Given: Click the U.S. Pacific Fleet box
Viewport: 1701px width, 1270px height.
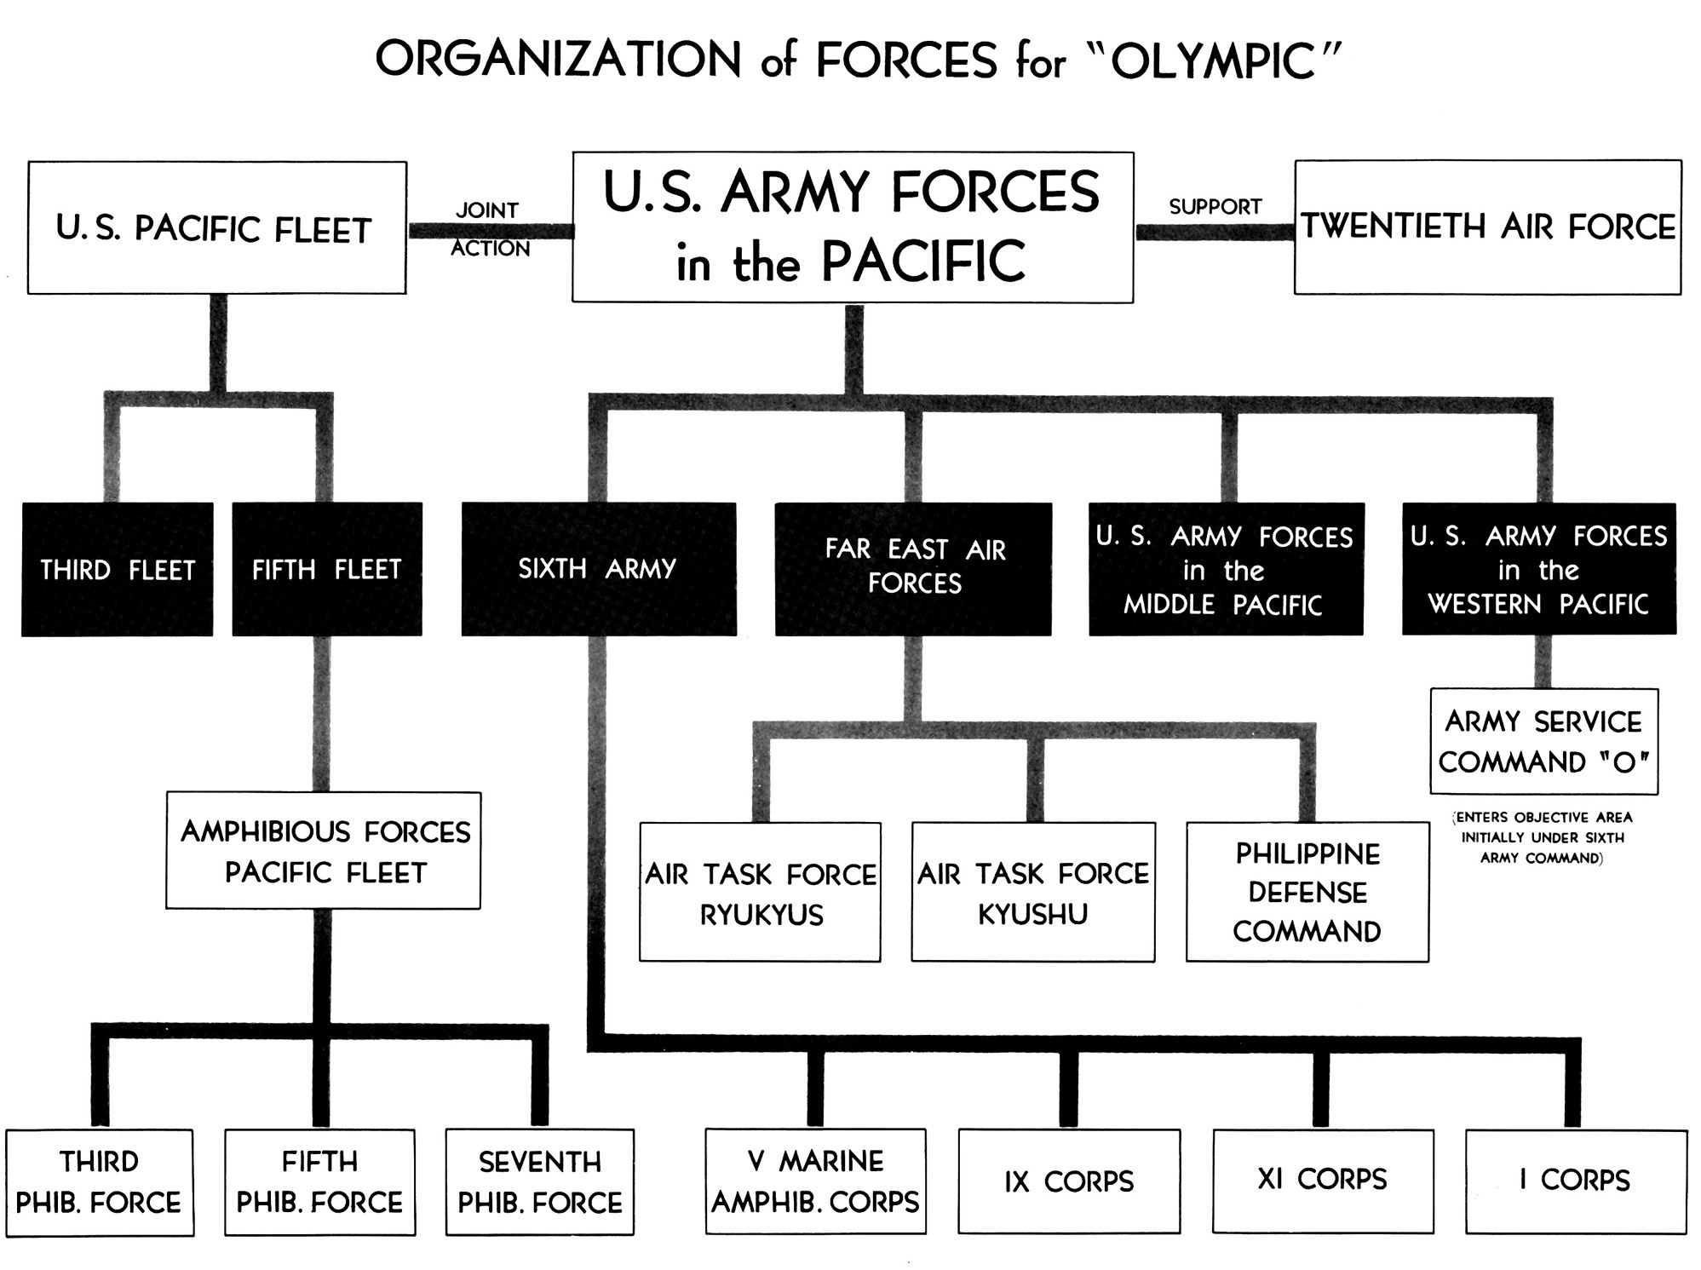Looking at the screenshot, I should (x=216, y=228).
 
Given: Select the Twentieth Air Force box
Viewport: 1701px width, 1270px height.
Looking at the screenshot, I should (x=1487, y=227).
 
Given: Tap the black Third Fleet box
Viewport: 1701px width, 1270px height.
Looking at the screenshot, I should (x=118, y=569).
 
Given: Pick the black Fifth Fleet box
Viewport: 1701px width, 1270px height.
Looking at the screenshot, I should (x=327, y=569).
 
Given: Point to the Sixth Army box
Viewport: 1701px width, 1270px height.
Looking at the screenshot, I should (x=598, y=569).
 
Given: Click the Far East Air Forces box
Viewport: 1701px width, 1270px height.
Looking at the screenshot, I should (x=913, y=568).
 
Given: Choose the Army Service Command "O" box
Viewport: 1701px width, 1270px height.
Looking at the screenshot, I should (x=1543, y=741).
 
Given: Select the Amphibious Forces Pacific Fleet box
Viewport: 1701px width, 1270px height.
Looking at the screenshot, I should (x=324, y=851).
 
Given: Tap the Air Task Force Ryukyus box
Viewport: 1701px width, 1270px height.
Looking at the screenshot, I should (x=760, y=893).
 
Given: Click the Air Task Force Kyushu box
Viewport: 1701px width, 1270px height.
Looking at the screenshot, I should (x=1033, y=893).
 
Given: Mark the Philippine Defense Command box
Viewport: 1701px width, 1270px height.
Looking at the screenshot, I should (x=1307, y=893).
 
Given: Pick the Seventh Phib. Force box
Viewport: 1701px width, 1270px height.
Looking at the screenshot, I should (x=540, y=1182).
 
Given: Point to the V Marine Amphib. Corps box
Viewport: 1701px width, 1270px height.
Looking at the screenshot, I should (x=815, y=1181).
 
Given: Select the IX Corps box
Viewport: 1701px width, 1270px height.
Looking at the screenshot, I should (x=1069, y=1181).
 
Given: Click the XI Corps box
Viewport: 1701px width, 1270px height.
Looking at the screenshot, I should (x=1323, y=1181).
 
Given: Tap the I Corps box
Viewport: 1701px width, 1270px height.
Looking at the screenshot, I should (x=1576, y=1181).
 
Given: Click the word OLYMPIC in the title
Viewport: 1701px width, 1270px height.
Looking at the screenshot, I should (x=1214, y=61).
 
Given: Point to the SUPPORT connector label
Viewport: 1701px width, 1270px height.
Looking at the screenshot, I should (x=1215, y=207).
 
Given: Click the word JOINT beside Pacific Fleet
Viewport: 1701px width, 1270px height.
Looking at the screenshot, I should (x=487, y=210).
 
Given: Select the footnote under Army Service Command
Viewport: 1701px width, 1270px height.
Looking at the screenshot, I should (x=1542, y=838).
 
